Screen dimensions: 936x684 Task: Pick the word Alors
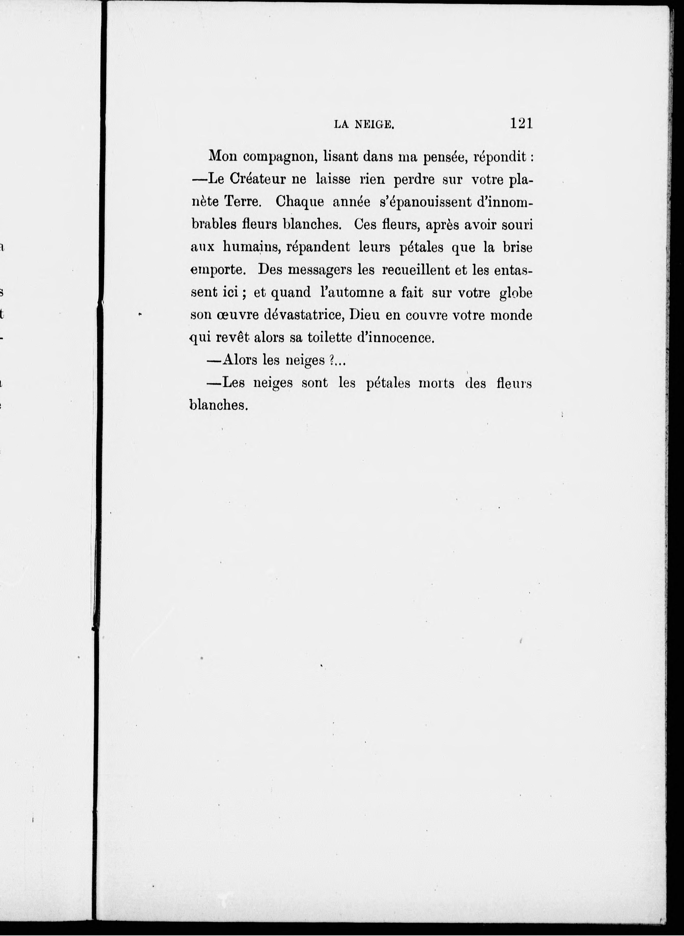240,360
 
